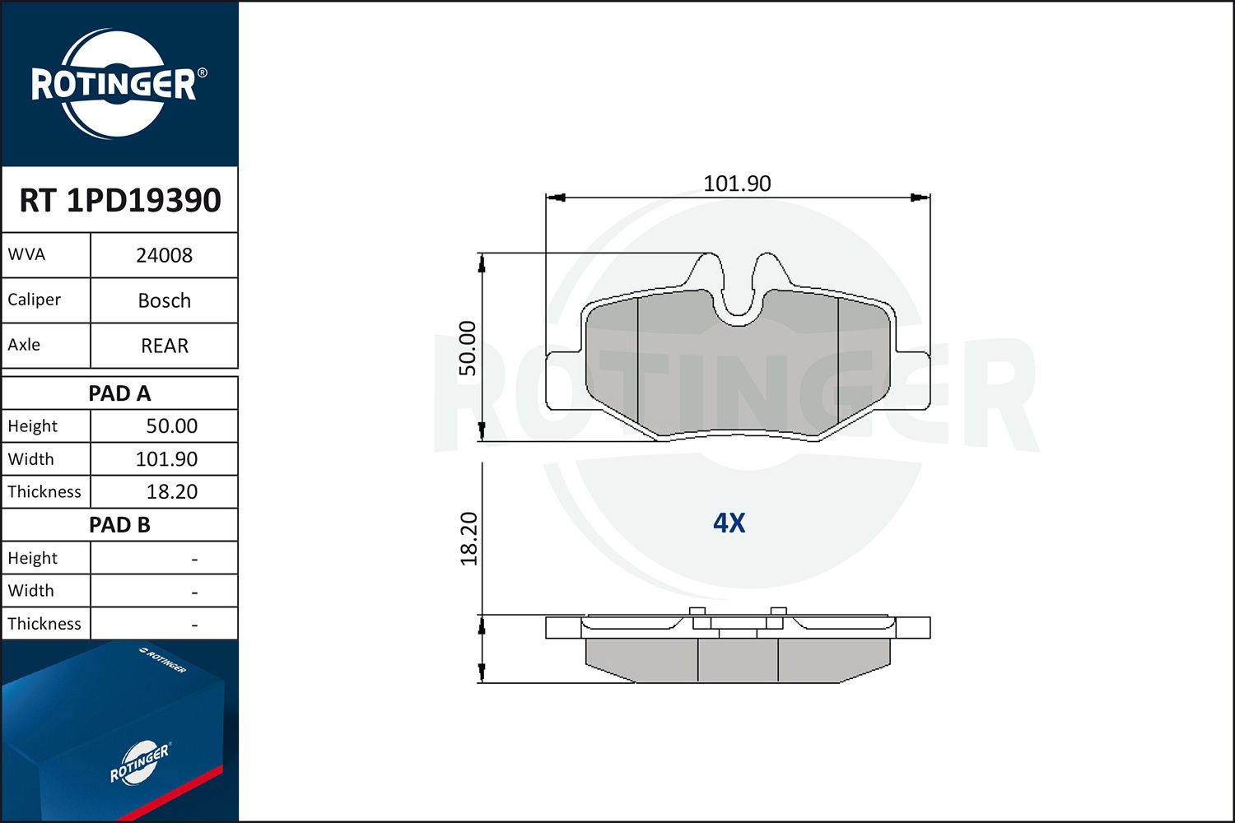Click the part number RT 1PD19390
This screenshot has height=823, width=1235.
tap(120, 200)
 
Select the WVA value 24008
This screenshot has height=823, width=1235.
tap(165, 255)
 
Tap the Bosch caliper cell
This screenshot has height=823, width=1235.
tap(165, 300)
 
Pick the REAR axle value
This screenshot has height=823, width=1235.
tap(165, 346)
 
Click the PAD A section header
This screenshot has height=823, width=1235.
tap(119, 393)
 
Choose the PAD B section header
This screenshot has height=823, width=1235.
tap(119, 525)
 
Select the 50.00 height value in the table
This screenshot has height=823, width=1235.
tap(171, 425)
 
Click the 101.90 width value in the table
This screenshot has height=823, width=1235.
tap(166, 458)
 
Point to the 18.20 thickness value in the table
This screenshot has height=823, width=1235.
tap(171, 491)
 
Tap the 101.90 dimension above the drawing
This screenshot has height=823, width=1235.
tap(737, 184)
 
